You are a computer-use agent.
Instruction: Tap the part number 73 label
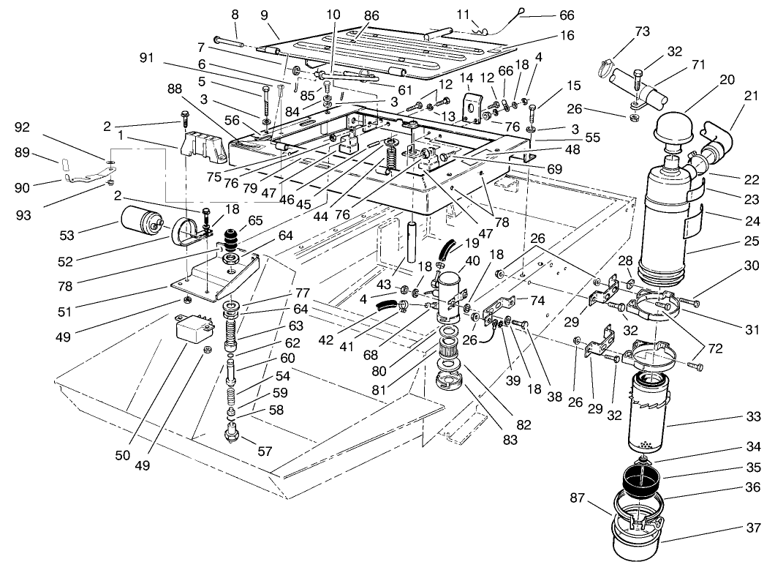point(641,31)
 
